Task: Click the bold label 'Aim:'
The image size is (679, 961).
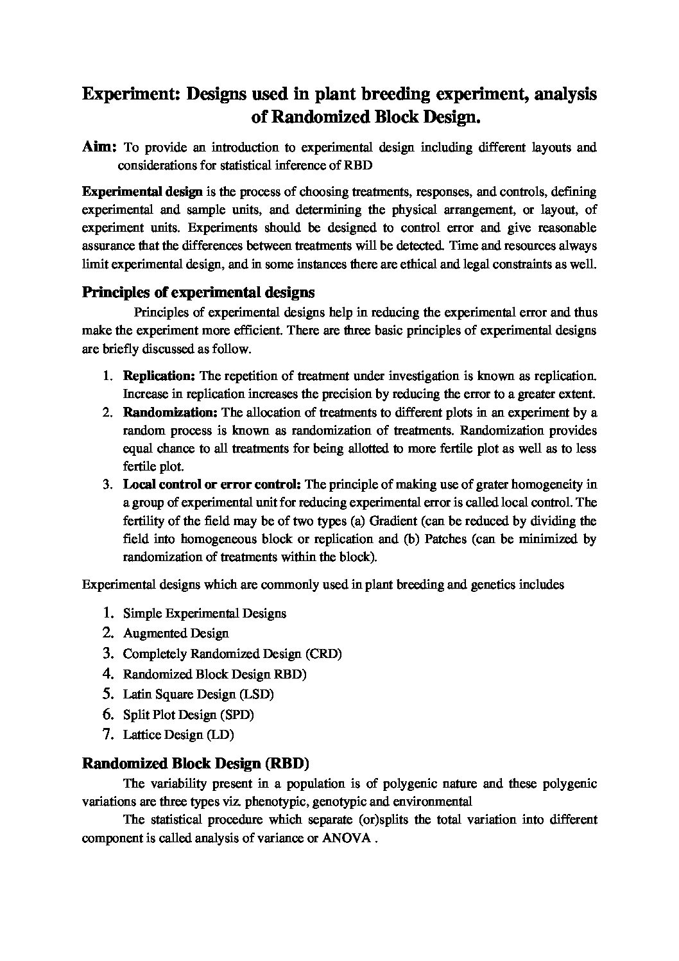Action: click(99, 147)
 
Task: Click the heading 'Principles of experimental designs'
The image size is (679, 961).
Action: click(198, 293)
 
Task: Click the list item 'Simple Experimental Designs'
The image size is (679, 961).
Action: click(204, 613)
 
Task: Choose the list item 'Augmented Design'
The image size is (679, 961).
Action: click(175, 634)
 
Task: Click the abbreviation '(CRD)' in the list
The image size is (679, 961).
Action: click(324, 654)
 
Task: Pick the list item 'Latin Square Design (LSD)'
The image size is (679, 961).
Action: click(198, 695)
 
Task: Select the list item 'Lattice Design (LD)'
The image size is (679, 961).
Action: click(178, 734)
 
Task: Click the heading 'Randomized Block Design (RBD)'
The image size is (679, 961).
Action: click(196, 764)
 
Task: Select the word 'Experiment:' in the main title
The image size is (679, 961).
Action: click(131, 95)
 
